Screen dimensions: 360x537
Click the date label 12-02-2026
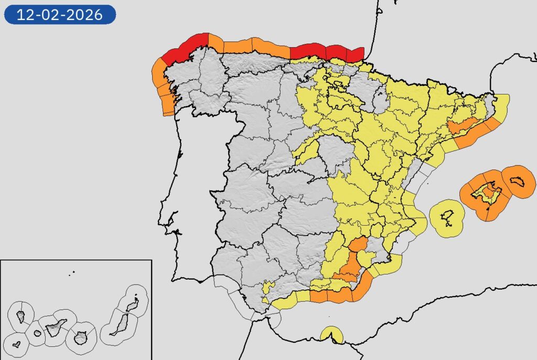(x=59, y=14)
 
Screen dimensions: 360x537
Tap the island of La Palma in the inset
(x=21, y=316)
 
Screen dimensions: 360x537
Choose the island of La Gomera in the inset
(x=37, y=333)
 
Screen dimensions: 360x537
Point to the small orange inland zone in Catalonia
(x=460, y=125)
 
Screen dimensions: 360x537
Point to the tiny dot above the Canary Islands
(x=73, y=272)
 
